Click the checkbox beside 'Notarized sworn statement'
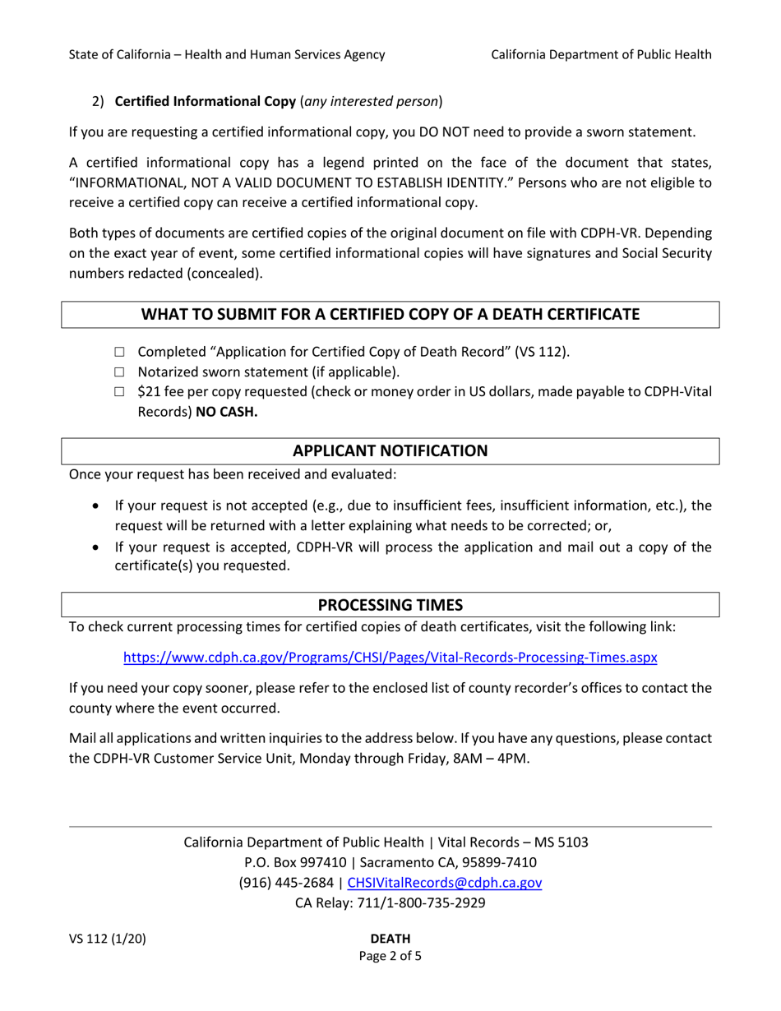[119, 373]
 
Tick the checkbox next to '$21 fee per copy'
[119, 393]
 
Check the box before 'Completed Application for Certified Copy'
[119, 353]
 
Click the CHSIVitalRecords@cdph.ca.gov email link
[445, 884]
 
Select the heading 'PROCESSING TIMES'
[390, 605]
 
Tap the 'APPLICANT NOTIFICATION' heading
[390, 451]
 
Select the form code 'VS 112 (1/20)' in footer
[108, 939]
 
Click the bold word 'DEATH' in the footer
[390, 939]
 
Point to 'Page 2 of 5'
[390, 957]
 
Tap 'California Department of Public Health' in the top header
[601, 55]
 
